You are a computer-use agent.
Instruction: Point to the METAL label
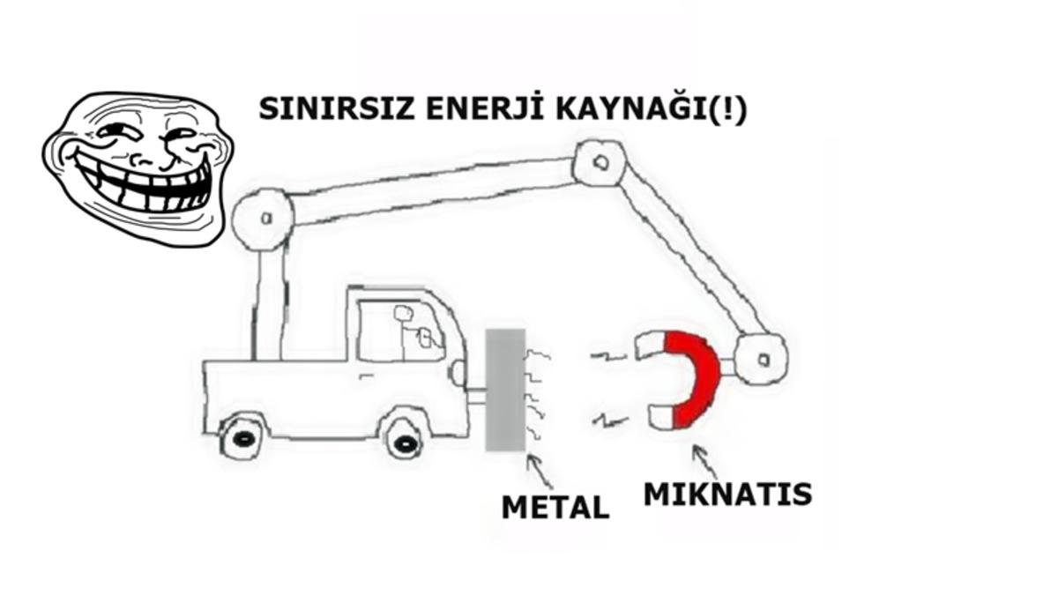[555, 507]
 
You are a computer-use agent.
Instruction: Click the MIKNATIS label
[727, 494]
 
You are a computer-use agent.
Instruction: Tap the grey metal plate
[505, 389]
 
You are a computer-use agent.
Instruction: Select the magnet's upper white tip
[649, 346]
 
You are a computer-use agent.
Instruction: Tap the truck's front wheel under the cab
[404, 438]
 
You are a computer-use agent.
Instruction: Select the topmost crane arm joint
[600, 161]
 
